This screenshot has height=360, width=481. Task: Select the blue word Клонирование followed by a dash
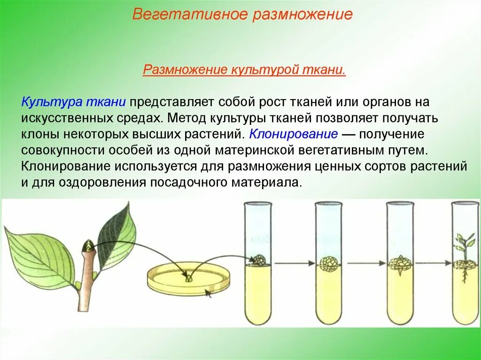coord(294,134)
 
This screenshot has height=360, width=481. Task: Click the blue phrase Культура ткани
coord(74,101)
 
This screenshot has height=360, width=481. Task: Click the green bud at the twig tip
coord(88,245)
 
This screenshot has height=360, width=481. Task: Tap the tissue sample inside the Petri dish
coord(189,278)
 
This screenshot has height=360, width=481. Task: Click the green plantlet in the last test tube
coord(463,249)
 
